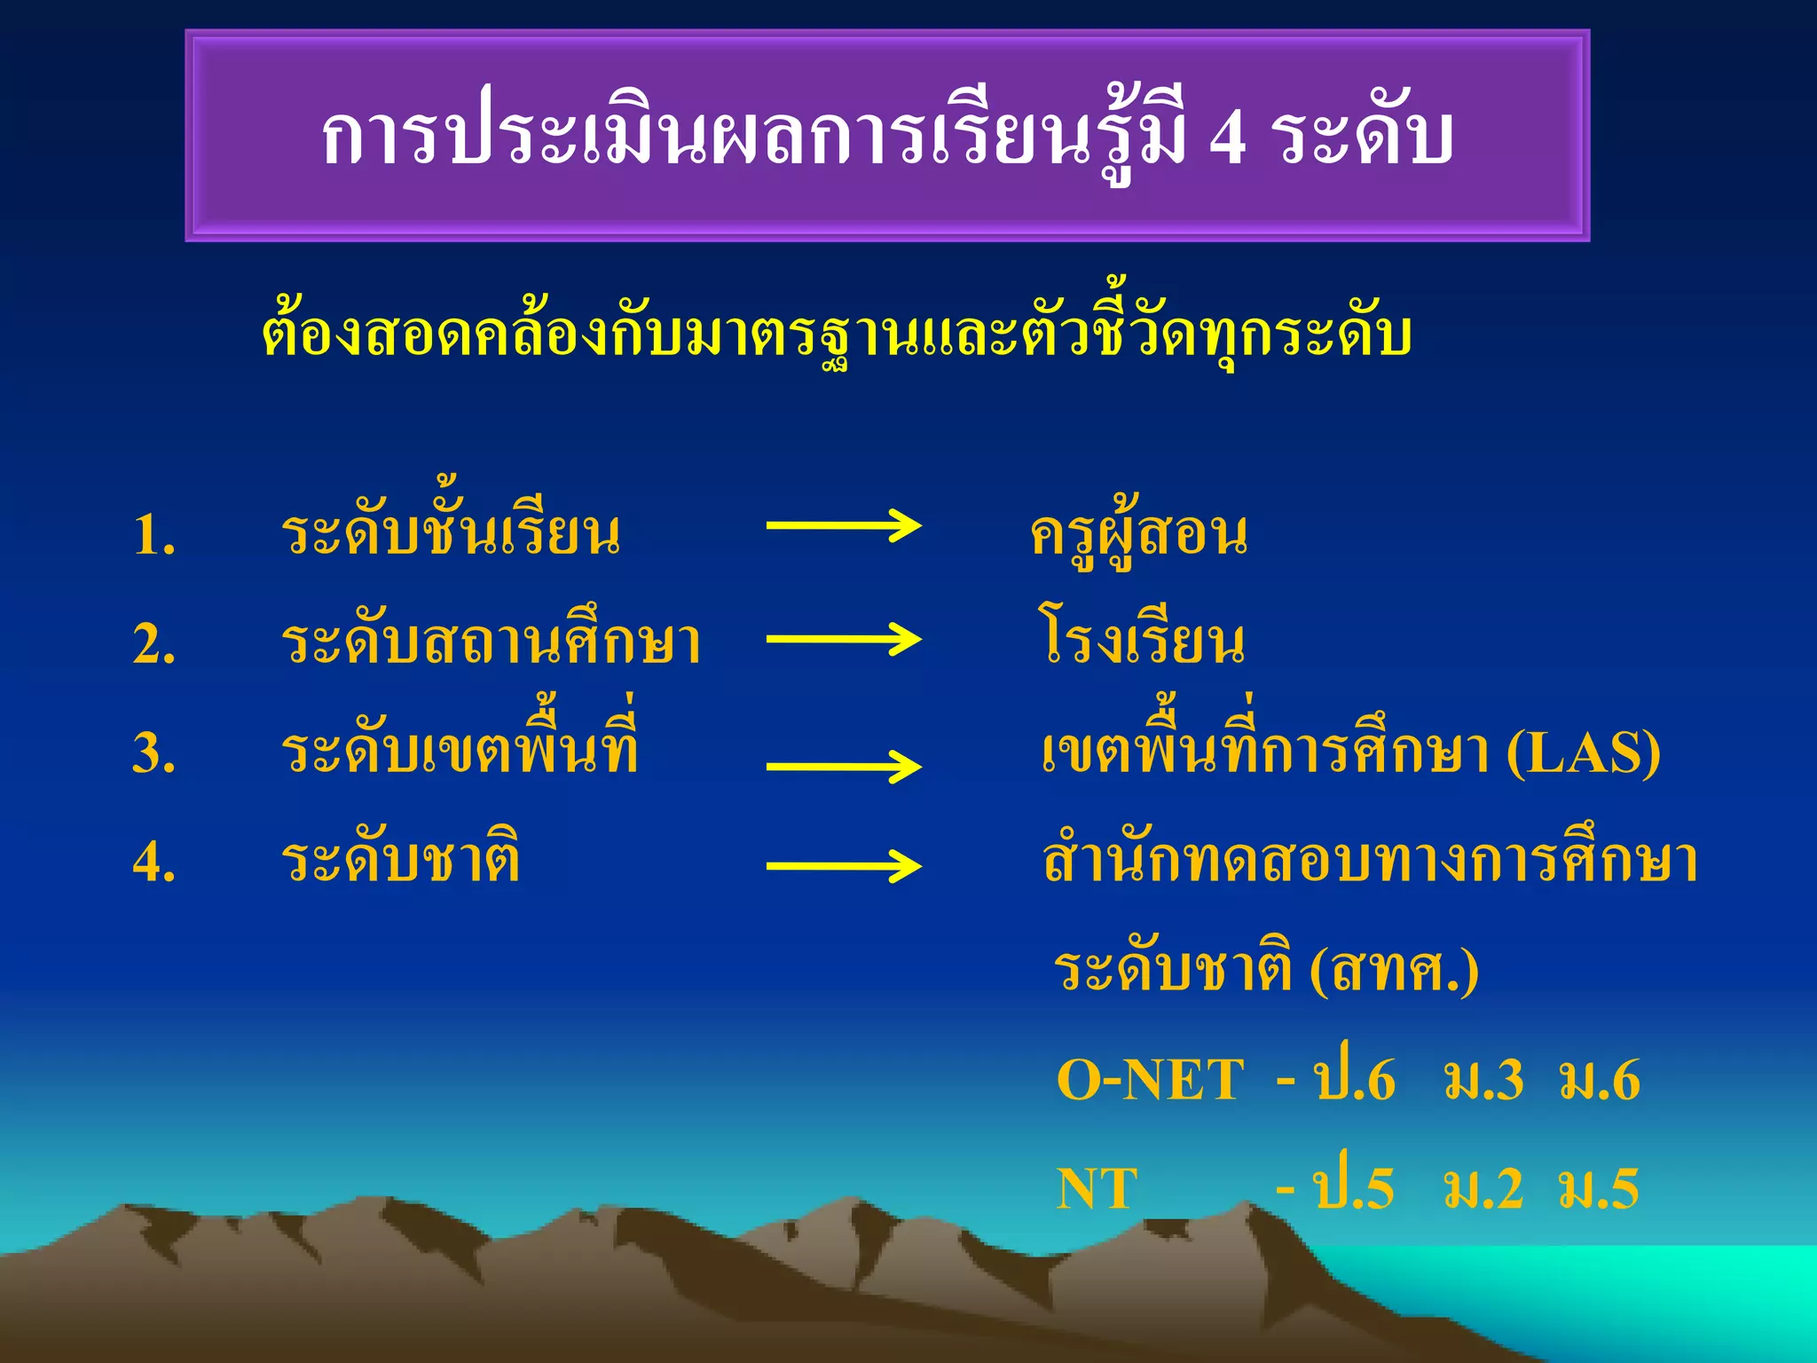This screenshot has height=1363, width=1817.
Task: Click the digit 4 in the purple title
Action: point(1227,139)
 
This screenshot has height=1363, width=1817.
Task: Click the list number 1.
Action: point(154,537)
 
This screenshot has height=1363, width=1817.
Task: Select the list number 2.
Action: point(154,645)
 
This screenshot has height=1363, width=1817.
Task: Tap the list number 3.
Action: point(154,754)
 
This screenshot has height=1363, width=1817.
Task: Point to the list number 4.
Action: point(154,862)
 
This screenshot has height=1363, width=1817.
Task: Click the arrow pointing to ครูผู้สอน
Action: point(843,526)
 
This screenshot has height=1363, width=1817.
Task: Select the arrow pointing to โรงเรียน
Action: point(843,639)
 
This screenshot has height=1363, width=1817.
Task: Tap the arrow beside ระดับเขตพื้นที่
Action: point(843,766)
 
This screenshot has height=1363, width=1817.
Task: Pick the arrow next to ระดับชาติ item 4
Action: point(843,866)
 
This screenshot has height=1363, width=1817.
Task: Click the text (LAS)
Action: point(1584,754)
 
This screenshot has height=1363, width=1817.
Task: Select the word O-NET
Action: point(1150,1081)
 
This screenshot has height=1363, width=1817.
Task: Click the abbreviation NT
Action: point(1097,1190)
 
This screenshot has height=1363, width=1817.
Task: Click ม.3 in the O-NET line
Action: point(1483,1081)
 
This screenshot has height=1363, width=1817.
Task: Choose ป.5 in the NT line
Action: point(1355,1188)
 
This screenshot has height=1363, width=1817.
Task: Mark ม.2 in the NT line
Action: point(1483,1190)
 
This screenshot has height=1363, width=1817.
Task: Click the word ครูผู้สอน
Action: point(1139,535)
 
